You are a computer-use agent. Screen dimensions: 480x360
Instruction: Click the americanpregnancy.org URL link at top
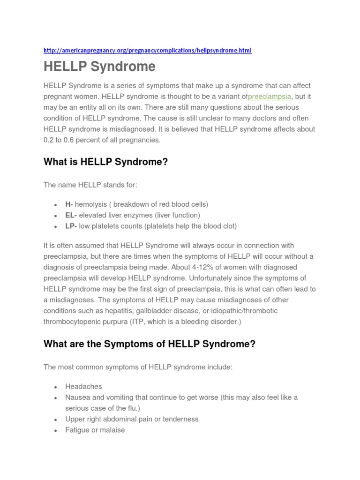click(147, 50)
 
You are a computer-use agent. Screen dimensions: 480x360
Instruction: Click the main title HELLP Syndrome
click(99, 67)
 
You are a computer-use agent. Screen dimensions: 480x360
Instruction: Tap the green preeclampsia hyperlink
click(270, 97)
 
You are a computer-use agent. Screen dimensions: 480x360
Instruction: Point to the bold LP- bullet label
click(71, 226)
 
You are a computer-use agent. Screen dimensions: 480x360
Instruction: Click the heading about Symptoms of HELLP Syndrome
click(149, 344)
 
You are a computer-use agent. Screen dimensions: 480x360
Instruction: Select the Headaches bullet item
click(83, 387)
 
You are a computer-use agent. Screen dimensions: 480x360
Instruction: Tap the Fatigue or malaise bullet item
click(95, 430)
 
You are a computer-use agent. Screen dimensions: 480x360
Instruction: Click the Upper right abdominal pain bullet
click(132, 419)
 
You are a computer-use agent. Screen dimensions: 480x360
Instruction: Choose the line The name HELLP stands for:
click(90, 185)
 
